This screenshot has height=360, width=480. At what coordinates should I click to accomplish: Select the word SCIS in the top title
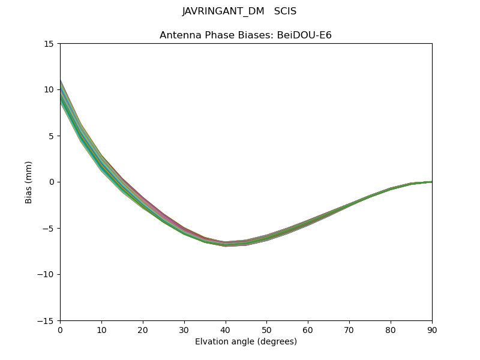(285, 11)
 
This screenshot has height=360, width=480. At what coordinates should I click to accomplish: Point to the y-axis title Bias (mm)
(29, 182)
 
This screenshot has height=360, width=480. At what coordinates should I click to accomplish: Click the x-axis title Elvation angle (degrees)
(246, 342)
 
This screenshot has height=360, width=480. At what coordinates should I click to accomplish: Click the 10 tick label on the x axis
(101, 329)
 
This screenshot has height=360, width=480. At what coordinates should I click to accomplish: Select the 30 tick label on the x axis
(184, 329)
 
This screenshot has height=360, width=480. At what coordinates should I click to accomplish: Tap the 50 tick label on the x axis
(266, 329)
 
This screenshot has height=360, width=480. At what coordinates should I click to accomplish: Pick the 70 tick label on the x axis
(349, 329)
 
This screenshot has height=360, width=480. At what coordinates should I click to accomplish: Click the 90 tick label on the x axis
(431, 329)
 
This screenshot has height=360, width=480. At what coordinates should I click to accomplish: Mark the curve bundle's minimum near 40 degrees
(226, 244)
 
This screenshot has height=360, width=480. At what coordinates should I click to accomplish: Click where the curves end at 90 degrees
(431, 182)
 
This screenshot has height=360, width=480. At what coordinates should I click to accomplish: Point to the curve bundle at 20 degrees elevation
(143, 202)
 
